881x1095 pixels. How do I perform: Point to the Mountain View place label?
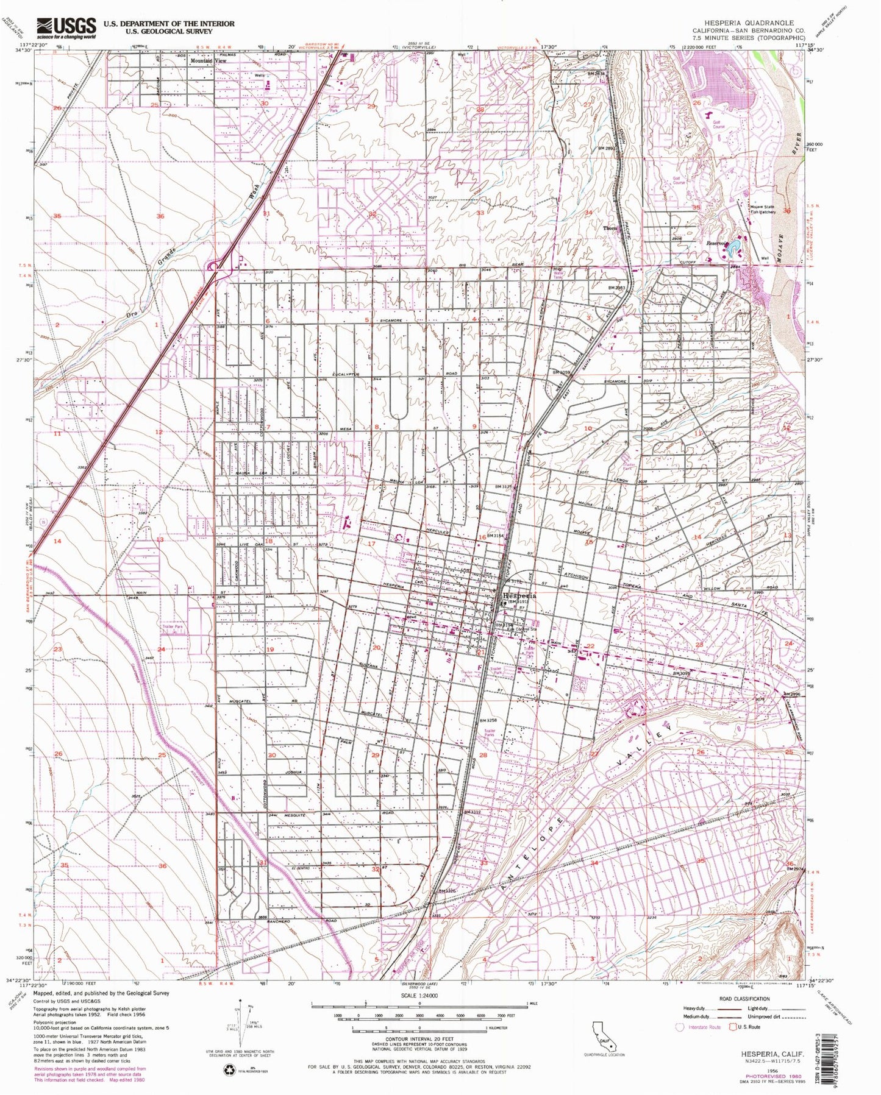point(207,61)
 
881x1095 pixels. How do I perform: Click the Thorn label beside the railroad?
point(610,229)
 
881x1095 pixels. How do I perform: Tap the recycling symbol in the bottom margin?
point(229,1069)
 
